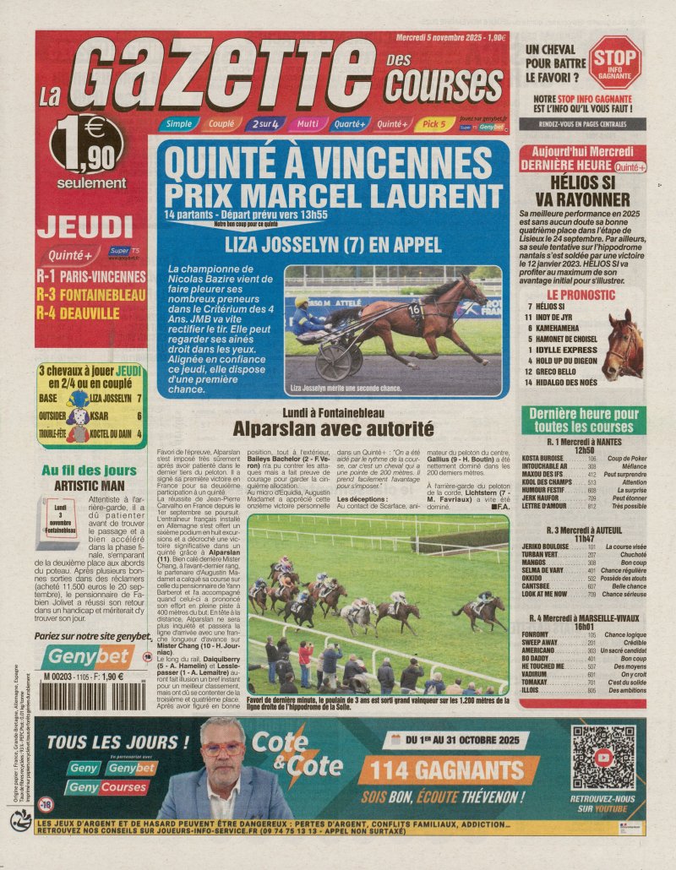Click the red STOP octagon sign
(614, 62)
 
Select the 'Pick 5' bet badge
(433, 124)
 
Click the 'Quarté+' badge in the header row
(349, 124)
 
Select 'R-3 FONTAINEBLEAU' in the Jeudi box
(91, 294)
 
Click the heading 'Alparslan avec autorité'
(333, 428)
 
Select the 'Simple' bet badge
(177, 124)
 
